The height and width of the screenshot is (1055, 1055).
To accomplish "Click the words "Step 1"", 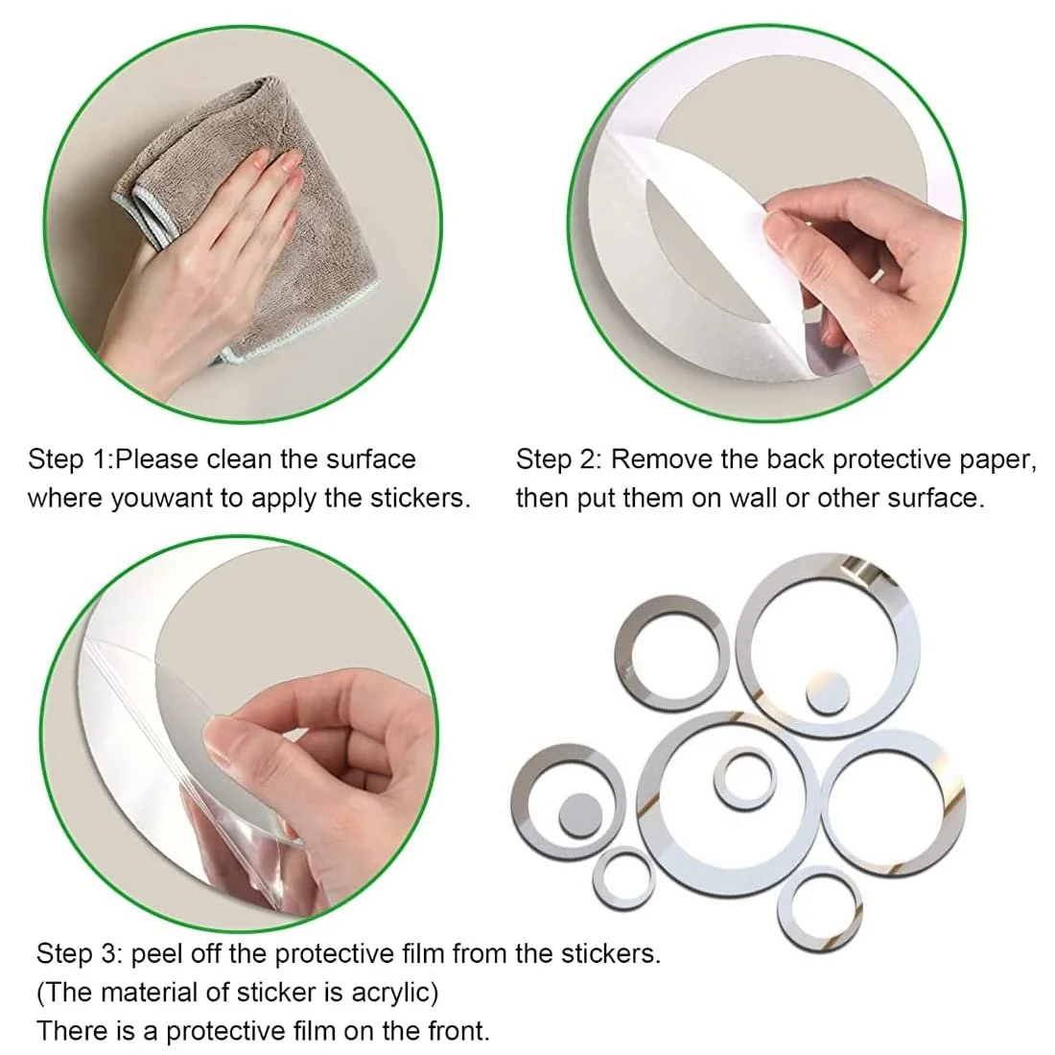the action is coord(67,459).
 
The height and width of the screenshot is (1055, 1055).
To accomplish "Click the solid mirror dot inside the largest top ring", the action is coord(828,692).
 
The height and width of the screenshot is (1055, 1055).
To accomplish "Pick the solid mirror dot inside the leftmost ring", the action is coord(580,815).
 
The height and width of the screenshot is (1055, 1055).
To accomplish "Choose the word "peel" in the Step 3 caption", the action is coord(154,954).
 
